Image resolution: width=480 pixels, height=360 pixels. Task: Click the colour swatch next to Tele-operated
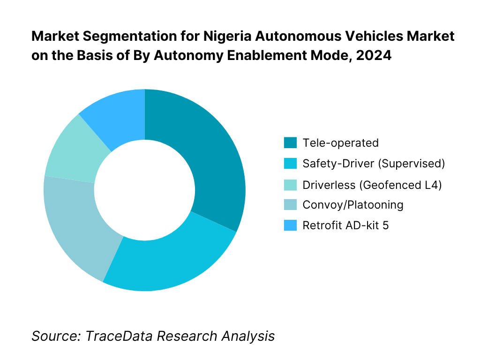click(x=290, y=143)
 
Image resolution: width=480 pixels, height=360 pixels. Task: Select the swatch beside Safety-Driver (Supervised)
click(x=290, y=164)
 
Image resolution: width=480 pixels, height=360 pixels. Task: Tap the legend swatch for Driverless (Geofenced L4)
click(x=290, y=184)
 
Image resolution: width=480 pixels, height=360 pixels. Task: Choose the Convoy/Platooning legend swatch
click(x=290, y=205)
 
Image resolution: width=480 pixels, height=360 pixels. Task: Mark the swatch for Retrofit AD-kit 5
click(x=290, y=225)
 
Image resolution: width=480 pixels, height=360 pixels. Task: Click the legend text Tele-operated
click(x=340, y=143)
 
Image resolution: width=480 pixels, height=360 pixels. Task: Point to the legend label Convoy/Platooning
click(x=353, y=205)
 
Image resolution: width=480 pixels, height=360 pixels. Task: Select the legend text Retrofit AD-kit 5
click(x=345, y=225)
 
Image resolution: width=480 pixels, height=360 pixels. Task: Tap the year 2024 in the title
click(x=374, y=55)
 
